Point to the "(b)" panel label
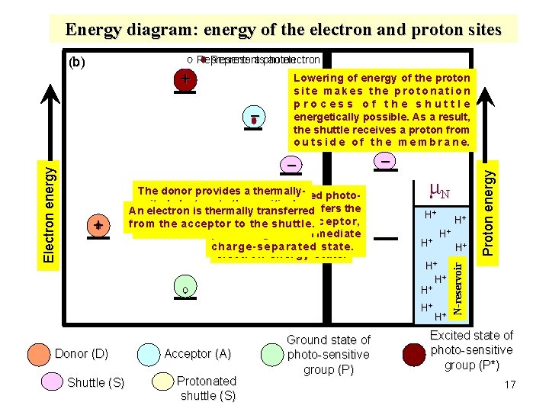[x=76, y=62]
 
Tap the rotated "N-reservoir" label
[x=458, y=286]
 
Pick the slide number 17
[x=510, y=385]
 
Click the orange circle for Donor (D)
[x=37, y=355]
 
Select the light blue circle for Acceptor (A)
[x=149, y=355]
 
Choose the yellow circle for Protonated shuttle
[x=162, y=382]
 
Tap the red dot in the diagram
[x=254, y=121]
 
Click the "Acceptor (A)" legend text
[x=197, y=354]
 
